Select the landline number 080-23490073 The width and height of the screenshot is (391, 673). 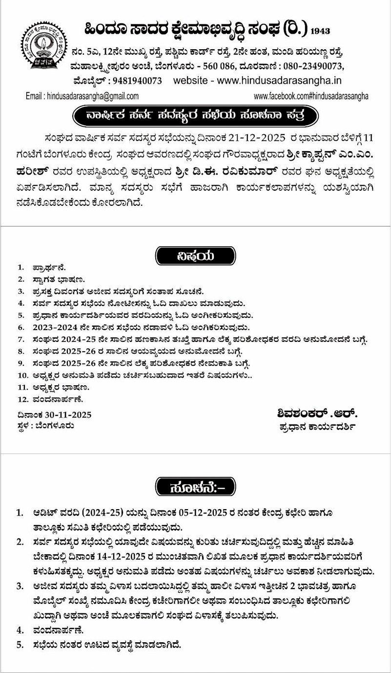312,66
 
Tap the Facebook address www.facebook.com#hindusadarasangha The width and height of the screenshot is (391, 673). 311,97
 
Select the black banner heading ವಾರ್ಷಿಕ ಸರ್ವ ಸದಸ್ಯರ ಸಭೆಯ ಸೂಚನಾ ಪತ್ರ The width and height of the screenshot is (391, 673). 195,116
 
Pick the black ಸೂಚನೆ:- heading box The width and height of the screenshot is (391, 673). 195,486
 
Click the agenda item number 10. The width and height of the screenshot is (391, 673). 22,376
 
